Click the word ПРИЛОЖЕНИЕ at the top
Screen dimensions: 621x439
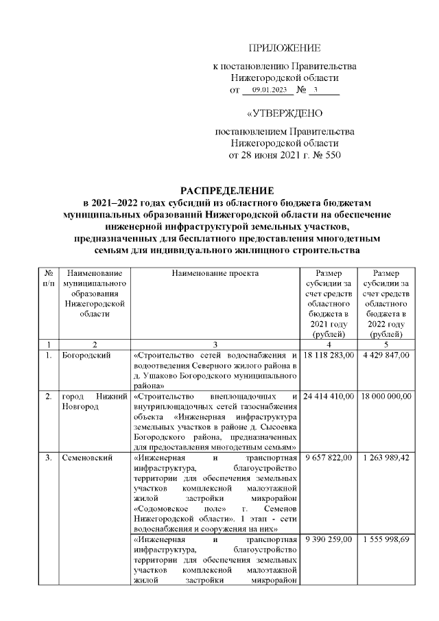tap(284, 47)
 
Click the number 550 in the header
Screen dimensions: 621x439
tap(330, 156)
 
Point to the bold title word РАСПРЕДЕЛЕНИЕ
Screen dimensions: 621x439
tap(226, 189)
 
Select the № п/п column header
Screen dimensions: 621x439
tap(48, 278)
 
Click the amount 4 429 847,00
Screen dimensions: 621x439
tap(386, 355)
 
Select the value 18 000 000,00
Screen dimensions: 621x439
tap(386, 397)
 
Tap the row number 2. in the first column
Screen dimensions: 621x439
tap(49, 397)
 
